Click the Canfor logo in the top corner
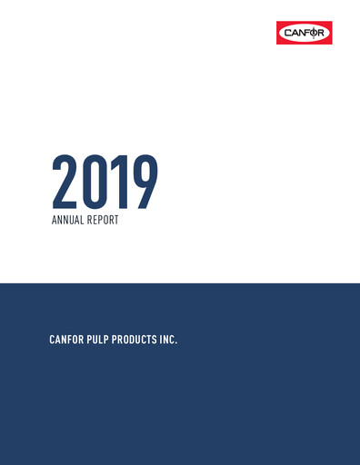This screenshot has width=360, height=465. pos(305,34)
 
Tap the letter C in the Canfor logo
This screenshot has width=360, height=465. pos(286,34)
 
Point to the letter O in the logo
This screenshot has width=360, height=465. pos(315,34)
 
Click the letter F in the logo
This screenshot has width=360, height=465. pos(307,34)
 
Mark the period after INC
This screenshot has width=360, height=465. pos(176,342)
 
